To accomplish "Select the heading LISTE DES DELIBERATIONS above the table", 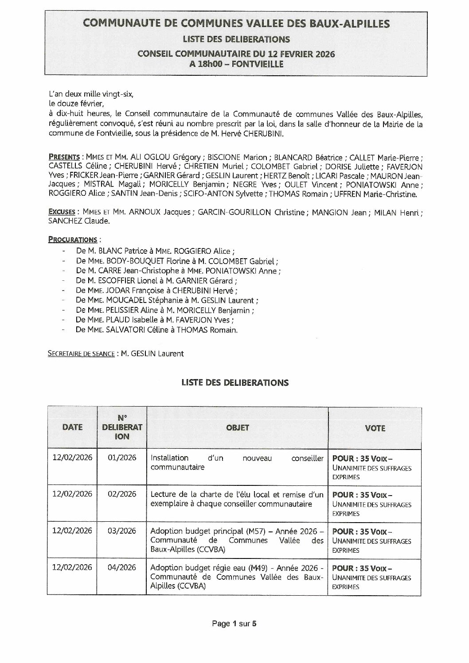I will [234, 383].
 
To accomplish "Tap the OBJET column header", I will [237, 428].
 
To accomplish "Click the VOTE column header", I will [375, 428].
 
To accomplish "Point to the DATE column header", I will [72, 427].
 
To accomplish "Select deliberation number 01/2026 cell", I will [122, 458].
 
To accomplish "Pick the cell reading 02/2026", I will [122, 494].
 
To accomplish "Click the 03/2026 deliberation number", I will [122, 531].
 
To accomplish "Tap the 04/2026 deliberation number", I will [122, 567].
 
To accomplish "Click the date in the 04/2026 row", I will [72, 567].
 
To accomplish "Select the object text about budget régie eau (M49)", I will [237, 577].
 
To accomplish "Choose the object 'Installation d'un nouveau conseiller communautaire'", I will [237, 462].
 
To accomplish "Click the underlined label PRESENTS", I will [64, 157].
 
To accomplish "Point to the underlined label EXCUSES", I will [64, 212].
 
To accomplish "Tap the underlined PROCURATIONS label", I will [72, 240].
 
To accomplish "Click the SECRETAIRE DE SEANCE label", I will [81, 354].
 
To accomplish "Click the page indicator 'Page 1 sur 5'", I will [234, 624].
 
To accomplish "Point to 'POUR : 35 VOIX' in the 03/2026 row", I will [362, 531].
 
